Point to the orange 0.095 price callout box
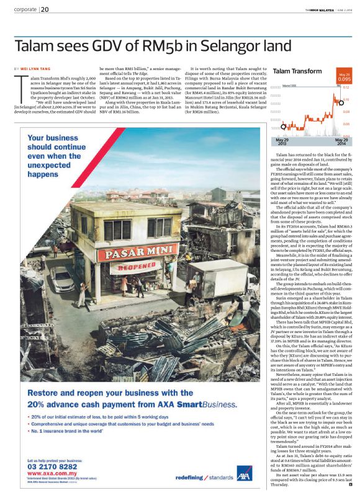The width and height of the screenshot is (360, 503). pos(344,78)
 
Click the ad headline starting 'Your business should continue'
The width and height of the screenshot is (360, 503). pos(63,154)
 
